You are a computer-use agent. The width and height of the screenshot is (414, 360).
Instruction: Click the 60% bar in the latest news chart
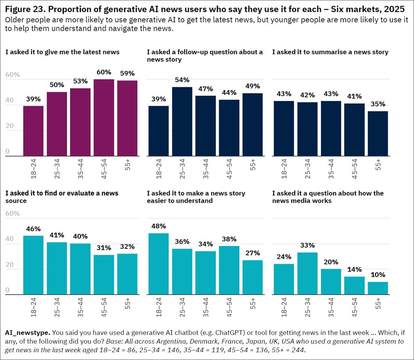[x=104, y=118]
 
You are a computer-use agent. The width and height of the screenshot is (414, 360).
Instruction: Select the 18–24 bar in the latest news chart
[x=33, y=131]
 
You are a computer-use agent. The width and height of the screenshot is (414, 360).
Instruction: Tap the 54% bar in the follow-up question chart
[x=182, y=121]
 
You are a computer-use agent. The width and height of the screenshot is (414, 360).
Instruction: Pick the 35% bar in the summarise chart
[x=378, y=133]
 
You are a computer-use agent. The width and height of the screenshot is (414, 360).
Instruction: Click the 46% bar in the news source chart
[x=33, y=265]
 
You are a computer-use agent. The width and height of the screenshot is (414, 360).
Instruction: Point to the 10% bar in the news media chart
[x=378, y=288]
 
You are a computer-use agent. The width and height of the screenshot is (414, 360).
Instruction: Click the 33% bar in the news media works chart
[x=308, y=273]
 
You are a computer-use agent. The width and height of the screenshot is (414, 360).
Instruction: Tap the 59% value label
[x=127, y=74]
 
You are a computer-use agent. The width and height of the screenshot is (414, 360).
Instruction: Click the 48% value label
[x=158, y=226]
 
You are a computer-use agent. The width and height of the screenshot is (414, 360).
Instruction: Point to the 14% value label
[x=355, y=269]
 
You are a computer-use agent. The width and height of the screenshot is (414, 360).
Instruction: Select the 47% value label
[x=205, y=89]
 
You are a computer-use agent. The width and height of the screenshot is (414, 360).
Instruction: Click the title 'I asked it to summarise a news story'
[x=330, y=52]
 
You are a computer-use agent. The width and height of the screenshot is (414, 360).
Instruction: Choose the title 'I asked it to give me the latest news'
[x=62, y=52]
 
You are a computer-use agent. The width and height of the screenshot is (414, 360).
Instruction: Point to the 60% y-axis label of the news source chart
[x=12, y=213]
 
